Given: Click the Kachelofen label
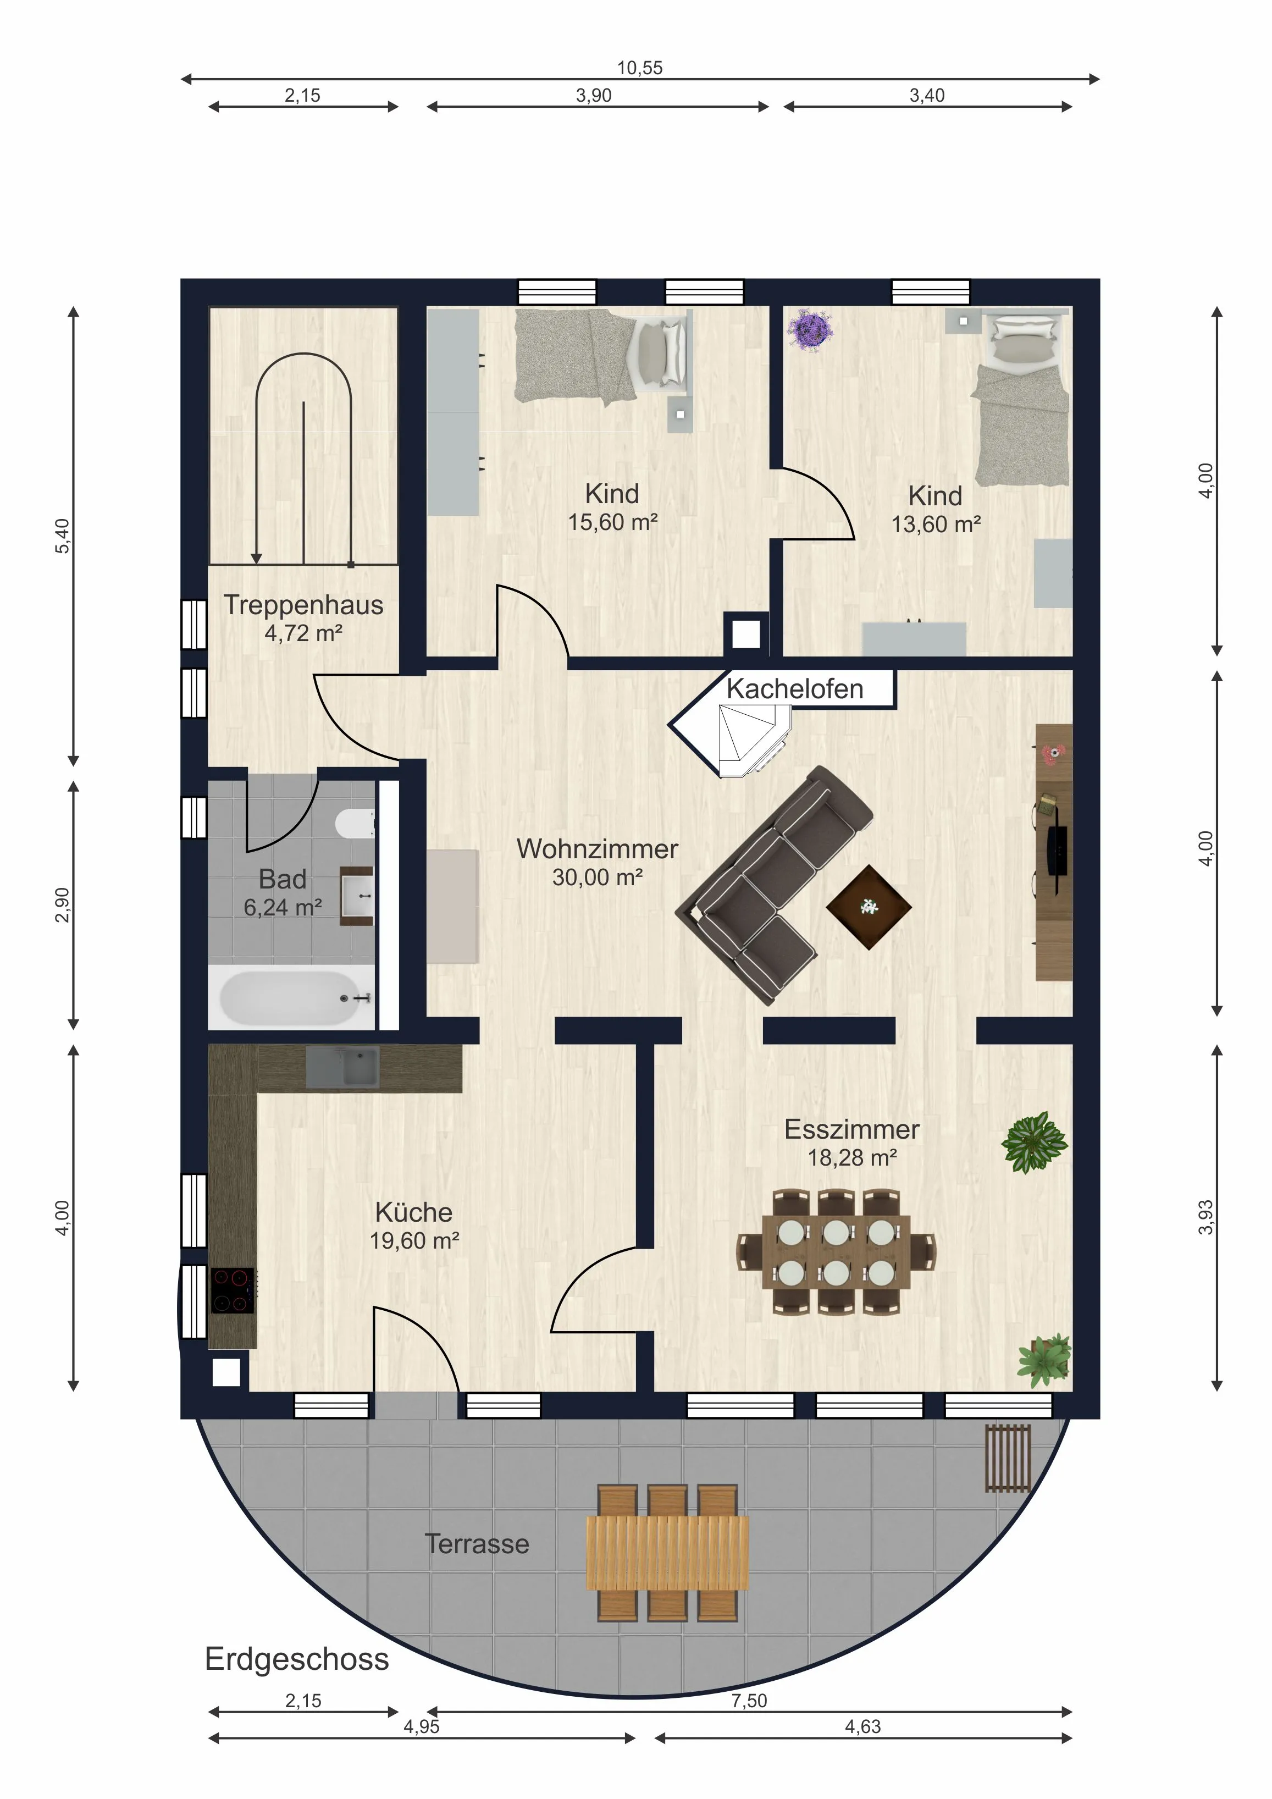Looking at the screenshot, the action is point(794,689).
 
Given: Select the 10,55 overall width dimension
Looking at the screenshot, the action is point(639,68).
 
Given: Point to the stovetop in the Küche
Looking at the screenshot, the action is point(233,1290).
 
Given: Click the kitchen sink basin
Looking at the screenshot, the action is point(342,1067).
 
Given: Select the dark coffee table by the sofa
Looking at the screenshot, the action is point(869,907).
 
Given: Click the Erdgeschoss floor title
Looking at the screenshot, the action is point(297,1659).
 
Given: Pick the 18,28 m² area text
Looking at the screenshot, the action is point(852,1157).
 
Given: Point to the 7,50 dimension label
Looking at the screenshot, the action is point(749,1700).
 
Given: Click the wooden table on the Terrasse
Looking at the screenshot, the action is point(667,1553).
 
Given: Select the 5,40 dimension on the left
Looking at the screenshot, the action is point(62,536).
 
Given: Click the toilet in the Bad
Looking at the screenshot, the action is point(355,824).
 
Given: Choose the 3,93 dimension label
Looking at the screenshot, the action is point(1205,1217).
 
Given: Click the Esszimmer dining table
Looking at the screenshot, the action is point(836,1251).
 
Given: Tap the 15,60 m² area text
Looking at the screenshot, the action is point(612,522).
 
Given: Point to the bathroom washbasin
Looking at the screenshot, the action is point(357,896).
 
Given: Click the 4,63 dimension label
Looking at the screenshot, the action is point(862,1726).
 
